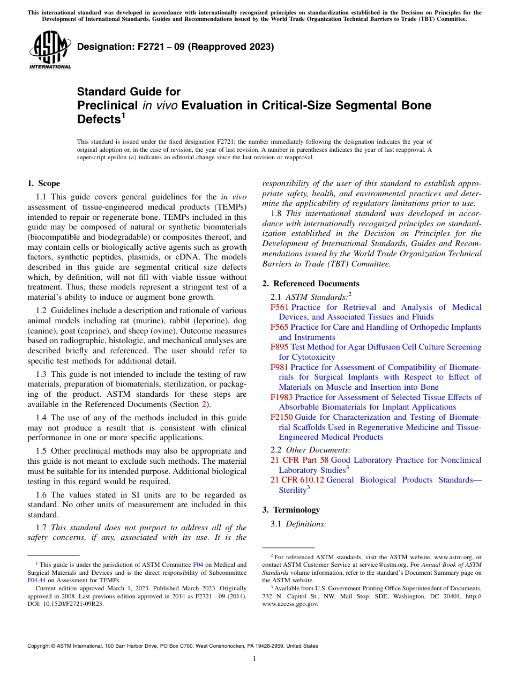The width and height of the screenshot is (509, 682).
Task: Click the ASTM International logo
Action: coord(50,50)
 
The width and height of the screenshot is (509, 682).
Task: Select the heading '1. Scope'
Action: coord(43,183)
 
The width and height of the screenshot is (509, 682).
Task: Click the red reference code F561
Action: coord(280,307)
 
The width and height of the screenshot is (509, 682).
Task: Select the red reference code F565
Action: coord(280,327)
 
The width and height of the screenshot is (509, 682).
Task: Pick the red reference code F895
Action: coord(280,347)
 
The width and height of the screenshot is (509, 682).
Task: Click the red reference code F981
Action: coord(280,367)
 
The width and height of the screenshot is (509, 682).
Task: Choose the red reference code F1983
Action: coord(282,397)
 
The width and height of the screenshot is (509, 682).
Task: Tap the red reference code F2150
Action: coord(282,417)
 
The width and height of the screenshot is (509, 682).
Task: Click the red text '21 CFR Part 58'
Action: coord(300,460)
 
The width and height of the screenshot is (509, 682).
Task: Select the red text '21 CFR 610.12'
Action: coord(297,480)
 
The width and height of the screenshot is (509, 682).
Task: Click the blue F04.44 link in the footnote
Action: coord(36,580)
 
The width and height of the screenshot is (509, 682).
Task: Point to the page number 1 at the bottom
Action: coord(254,659)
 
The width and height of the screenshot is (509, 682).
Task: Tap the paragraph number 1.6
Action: coord(42,495)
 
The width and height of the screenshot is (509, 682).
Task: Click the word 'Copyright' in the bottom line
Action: coord(40,646)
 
